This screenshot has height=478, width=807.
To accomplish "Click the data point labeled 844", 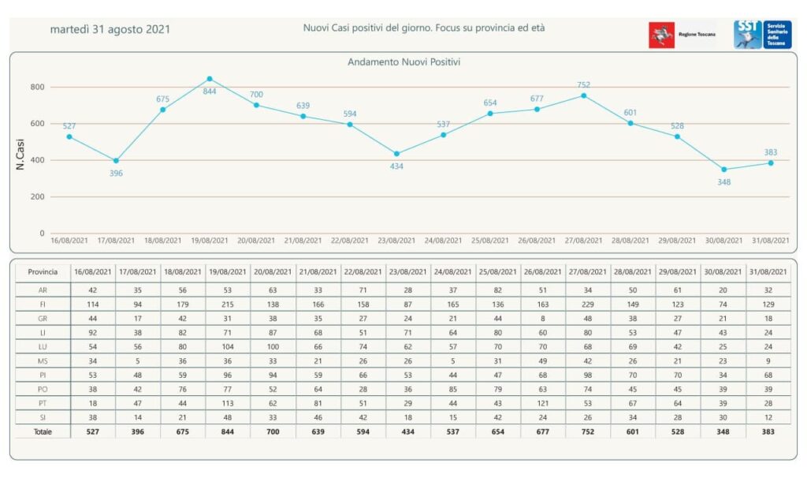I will click(x=210, y=79).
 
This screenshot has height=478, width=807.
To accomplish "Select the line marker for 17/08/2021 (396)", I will click(x=116, y=160).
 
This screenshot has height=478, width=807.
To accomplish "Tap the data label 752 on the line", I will click(x=583, y=85).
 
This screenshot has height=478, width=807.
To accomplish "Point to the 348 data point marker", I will click(x=724, y=170).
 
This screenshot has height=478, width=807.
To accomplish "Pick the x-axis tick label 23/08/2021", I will click(x=396, y=241).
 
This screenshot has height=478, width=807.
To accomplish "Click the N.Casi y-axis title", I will click(x=20, y=155).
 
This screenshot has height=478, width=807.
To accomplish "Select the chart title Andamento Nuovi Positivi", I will click(x=403, y=62).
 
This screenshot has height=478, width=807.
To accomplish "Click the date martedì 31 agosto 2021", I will click(x=110, y=29).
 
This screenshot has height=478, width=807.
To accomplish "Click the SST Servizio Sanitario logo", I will click(x=762, y=35).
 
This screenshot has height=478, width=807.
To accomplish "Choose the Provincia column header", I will click(x=43, y=271).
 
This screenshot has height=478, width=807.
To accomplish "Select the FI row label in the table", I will click(x=43, y=304).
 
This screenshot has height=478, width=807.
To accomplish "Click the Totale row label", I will click(x=43, y=431).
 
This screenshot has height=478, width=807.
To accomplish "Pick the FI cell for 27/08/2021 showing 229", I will click(x=583, y=304).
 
